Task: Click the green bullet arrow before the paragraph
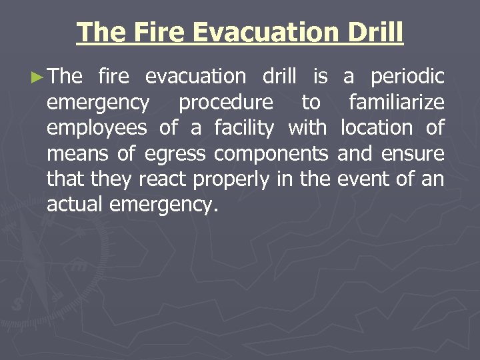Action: point(38,77)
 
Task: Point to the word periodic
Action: point(408,77)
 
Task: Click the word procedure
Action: point(225,103)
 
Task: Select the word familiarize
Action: point(396,103)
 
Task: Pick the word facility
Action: point(244,128)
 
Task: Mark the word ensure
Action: point(413,154)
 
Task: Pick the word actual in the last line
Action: point(75,205)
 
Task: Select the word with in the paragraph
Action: point(307,128)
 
